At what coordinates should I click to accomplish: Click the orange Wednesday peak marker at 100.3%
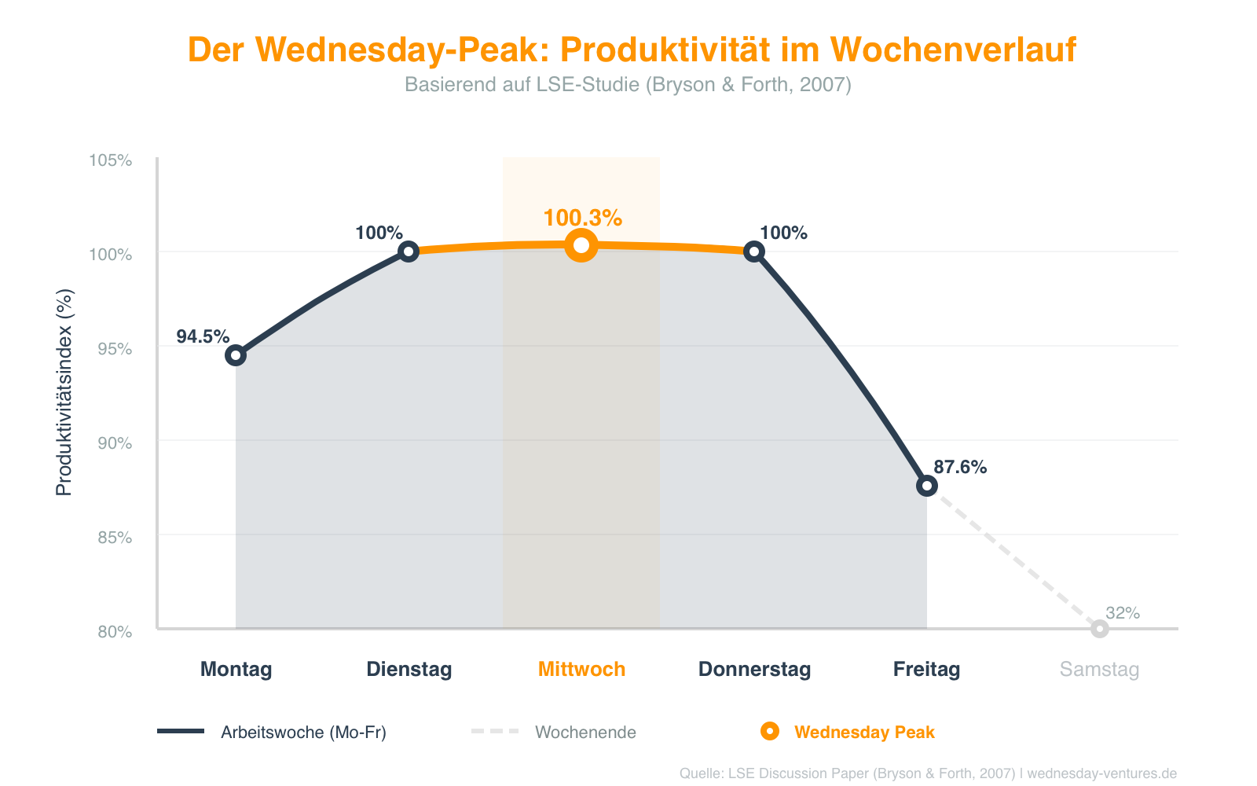pos(581,245)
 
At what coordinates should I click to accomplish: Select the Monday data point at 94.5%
pos(236,355)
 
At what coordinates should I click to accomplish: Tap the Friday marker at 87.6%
pos(927,486)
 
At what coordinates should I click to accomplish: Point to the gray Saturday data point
pos(1100,629)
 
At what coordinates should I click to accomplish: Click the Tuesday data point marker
pos(409,252)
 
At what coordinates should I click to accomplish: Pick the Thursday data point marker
pos(754,252)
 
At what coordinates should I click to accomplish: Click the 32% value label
pos(1123,613)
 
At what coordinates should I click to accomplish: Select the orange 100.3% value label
pos(583,218)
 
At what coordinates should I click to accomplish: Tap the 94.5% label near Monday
pos(203,337)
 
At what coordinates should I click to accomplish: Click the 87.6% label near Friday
pos(960,468)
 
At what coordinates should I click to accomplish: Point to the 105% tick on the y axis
pos(110,160)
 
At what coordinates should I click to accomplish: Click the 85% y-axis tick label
pos(114,538)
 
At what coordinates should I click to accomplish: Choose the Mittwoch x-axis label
pos(581,670)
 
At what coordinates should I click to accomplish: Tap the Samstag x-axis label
pos(1099,670)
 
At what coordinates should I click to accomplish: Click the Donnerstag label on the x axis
pos(754,670)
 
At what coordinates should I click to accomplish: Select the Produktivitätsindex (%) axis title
pos(64,392)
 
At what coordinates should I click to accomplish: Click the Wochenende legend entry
pos(585,733)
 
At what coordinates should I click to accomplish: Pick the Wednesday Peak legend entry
pos(863,733)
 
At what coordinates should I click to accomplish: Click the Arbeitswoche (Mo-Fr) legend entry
pos(303,733)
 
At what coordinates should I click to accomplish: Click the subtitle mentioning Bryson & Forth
pos(628,84)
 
